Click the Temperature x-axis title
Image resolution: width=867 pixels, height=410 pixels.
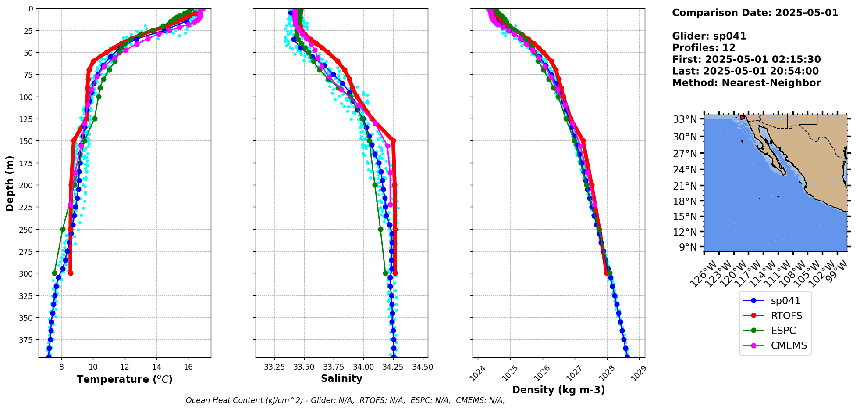coord(124,379)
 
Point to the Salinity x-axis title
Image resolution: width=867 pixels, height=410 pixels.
coord(341,378)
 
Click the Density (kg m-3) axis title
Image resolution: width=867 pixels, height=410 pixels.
coord(558,390)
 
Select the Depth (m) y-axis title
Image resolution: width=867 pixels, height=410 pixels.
coord(10,183)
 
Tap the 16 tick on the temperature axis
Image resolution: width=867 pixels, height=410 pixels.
coord(188,367)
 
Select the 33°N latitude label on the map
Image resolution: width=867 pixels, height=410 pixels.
coord(685,119)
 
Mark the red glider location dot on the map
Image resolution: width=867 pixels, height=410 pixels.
coord(742,117)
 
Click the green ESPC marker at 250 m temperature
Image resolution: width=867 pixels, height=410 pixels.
coord(63,229)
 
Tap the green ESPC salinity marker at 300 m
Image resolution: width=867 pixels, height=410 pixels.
coord(385,273)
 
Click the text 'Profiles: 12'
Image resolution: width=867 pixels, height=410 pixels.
coord(704,48)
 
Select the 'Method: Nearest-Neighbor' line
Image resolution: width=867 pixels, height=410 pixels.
coord(746,83)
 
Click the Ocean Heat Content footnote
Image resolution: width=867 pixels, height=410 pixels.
coord(345,400)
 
